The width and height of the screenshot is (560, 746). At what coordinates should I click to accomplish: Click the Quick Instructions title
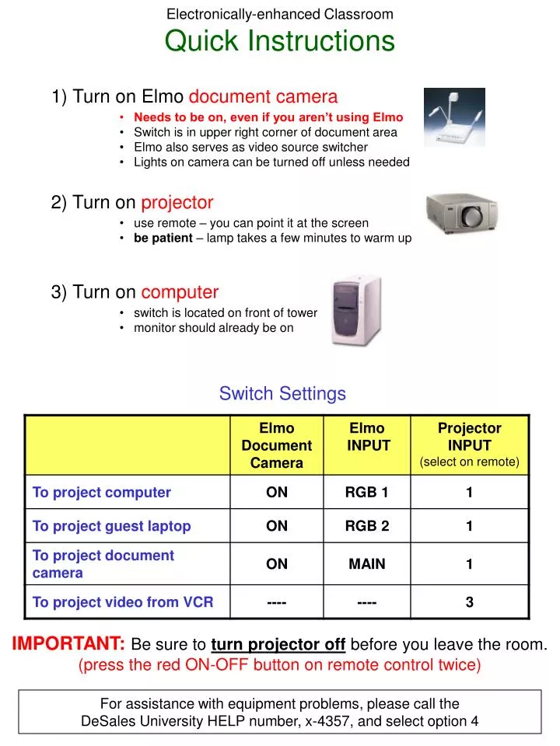tap(280, 41)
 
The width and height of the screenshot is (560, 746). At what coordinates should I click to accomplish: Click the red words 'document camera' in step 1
tap(264, 97)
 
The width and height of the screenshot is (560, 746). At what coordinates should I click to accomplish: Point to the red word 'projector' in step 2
tap(177, 203)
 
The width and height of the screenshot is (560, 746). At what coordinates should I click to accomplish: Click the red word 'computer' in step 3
tap(180, 292)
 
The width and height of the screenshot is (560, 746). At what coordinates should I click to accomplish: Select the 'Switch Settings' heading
tap(282, 394)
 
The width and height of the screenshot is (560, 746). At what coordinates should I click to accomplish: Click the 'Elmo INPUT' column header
tap(367, 437)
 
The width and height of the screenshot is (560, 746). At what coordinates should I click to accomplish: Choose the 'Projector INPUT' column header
tap(469, 437)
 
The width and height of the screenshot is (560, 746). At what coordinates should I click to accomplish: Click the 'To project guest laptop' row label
tap(111, 526)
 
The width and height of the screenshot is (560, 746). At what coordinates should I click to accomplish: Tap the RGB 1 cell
tap(367, 492)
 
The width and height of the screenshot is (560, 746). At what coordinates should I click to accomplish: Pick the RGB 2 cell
tap(367, 526)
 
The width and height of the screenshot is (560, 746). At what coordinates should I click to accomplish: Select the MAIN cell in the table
tap(367, 564)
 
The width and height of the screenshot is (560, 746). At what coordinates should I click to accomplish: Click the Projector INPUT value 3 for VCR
tap(469, 602)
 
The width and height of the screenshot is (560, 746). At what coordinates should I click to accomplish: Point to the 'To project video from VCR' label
tap(122, 602)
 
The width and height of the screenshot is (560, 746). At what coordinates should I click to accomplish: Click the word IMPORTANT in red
tap(68, 644)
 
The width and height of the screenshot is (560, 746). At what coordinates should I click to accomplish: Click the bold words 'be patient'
tap(163, 238)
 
